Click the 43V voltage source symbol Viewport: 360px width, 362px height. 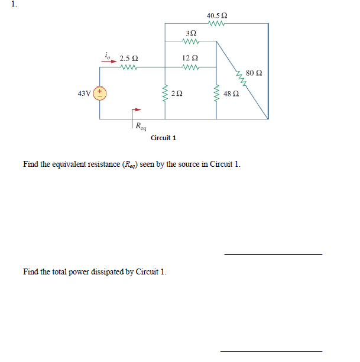100,92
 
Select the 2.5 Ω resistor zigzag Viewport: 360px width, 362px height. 129,67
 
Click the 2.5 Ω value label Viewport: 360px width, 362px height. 129,59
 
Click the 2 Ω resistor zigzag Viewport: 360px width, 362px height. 164,93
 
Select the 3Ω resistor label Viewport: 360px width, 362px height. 190,33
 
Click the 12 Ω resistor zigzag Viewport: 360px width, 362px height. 190,67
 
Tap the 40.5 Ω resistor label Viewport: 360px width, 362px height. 217,15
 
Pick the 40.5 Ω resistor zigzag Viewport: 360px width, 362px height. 217,24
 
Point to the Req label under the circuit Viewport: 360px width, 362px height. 141,125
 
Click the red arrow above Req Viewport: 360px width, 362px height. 137,110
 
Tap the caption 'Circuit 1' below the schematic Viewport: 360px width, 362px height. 163,138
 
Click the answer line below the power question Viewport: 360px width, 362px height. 271,351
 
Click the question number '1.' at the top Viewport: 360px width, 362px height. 5,4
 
